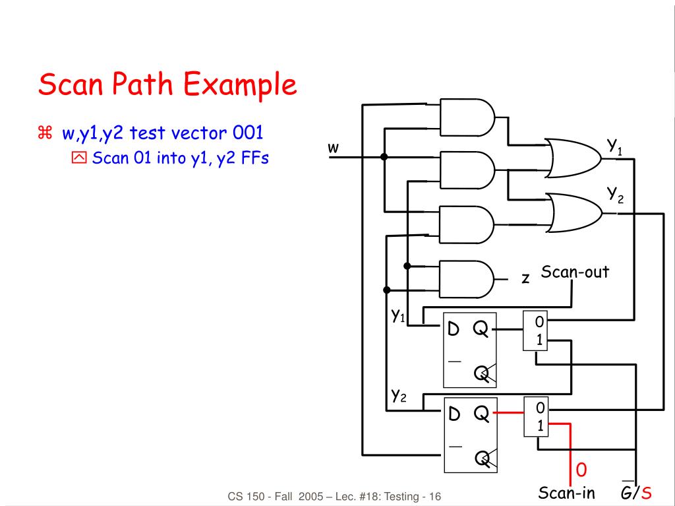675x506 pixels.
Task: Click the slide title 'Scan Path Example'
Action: tap(167, 84)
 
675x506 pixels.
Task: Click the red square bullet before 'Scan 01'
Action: tap(79, 158)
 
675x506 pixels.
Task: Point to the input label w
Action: tap(333, 147)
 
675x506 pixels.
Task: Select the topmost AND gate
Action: tap(467, 117)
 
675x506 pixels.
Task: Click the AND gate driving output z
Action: tap(467, 279)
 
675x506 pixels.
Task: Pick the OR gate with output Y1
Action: tap(573, 158)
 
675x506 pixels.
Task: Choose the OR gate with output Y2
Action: tap(574, 213)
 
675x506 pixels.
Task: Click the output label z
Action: tap(525, 278)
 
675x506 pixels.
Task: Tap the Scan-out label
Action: tap(575, 272)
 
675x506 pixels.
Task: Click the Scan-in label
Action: tap(566, 492)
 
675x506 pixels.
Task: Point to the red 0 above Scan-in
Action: tap(581, 469)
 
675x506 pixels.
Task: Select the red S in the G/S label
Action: tap(646, 492)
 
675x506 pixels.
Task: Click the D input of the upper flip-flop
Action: tap(454, 329)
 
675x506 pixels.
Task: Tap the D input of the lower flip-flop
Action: tap(454, 414)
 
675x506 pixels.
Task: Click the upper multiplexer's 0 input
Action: tap(539, 321)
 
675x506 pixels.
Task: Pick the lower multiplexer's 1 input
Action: tap(540, 426)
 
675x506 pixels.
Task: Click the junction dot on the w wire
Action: tap(384, 157)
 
